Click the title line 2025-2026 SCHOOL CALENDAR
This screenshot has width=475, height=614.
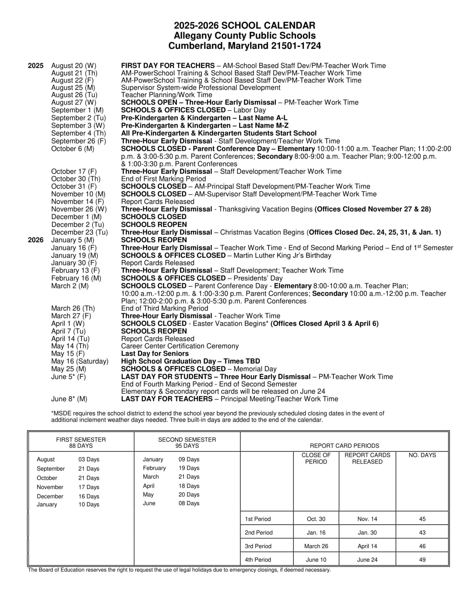[245, 25]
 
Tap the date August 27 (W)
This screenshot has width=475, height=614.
[74, 102]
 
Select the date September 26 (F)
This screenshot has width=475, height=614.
[78, 141]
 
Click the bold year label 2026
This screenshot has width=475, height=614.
[36, 240]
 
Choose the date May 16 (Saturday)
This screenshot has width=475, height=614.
[80, 361]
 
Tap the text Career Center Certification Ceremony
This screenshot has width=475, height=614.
[180, 346]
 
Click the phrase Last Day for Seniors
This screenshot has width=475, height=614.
[155, 353]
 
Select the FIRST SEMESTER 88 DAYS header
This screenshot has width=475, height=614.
[81, 443]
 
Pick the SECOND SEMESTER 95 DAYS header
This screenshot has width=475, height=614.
[187, 443]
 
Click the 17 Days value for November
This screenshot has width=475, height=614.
[89, 487]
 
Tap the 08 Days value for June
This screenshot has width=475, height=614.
[189, 503]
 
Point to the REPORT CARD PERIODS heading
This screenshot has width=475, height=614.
[344, 446]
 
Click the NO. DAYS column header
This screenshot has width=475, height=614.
[422, 455]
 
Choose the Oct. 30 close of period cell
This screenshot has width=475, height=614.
[316, 519]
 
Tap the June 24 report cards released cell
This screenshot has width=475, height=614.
[367, 560]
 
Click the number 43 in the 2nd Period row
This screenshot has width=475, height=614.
[422, 533]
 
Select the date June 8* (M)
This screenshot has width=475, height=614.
[69, 399]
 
